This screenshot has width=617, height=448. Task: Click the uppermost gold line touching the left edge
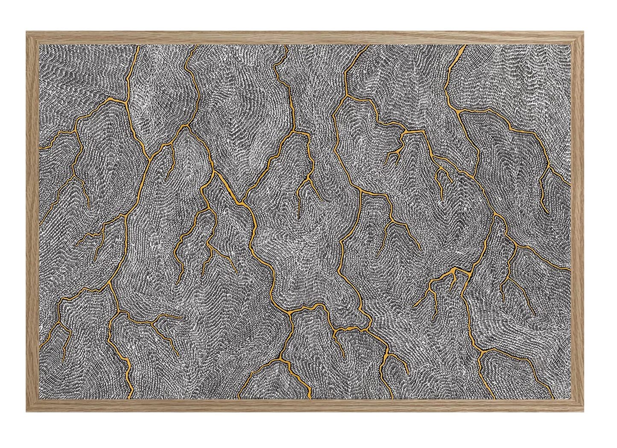[40, 148]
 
